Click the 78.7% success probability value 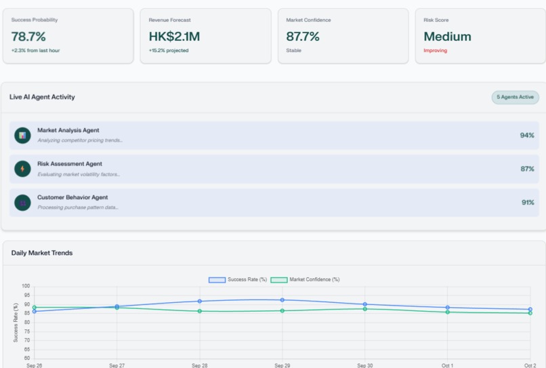[28, 37]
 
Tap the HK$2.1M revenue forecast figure [174, 37]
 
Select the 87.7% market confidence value [303, 37]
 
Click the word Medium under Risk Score [447, 37]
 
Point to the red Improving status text [436, 51]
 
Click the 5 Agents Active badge [515, 97]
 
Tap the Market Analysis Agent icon [22, 136]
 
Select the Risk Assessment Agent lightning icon [22, 169]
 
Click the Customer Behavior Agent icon [22, 202]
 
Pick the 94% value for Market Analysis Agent [527, 136]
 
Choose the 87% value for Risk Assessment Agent [527, 169]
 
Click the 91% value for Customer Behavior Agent [527, 202]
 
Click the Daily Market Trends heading [42, 253]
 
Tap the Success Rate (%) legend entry [238, 279]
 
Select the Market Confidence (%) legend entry [306, 279]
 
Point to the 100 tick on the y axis [26, 286]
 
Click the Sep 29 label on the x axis [282, 365]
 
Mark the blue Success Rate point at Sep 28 [200, 301]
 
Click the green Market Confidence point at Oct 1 [448, 312]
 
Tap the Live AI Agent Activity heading [42, 97]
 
